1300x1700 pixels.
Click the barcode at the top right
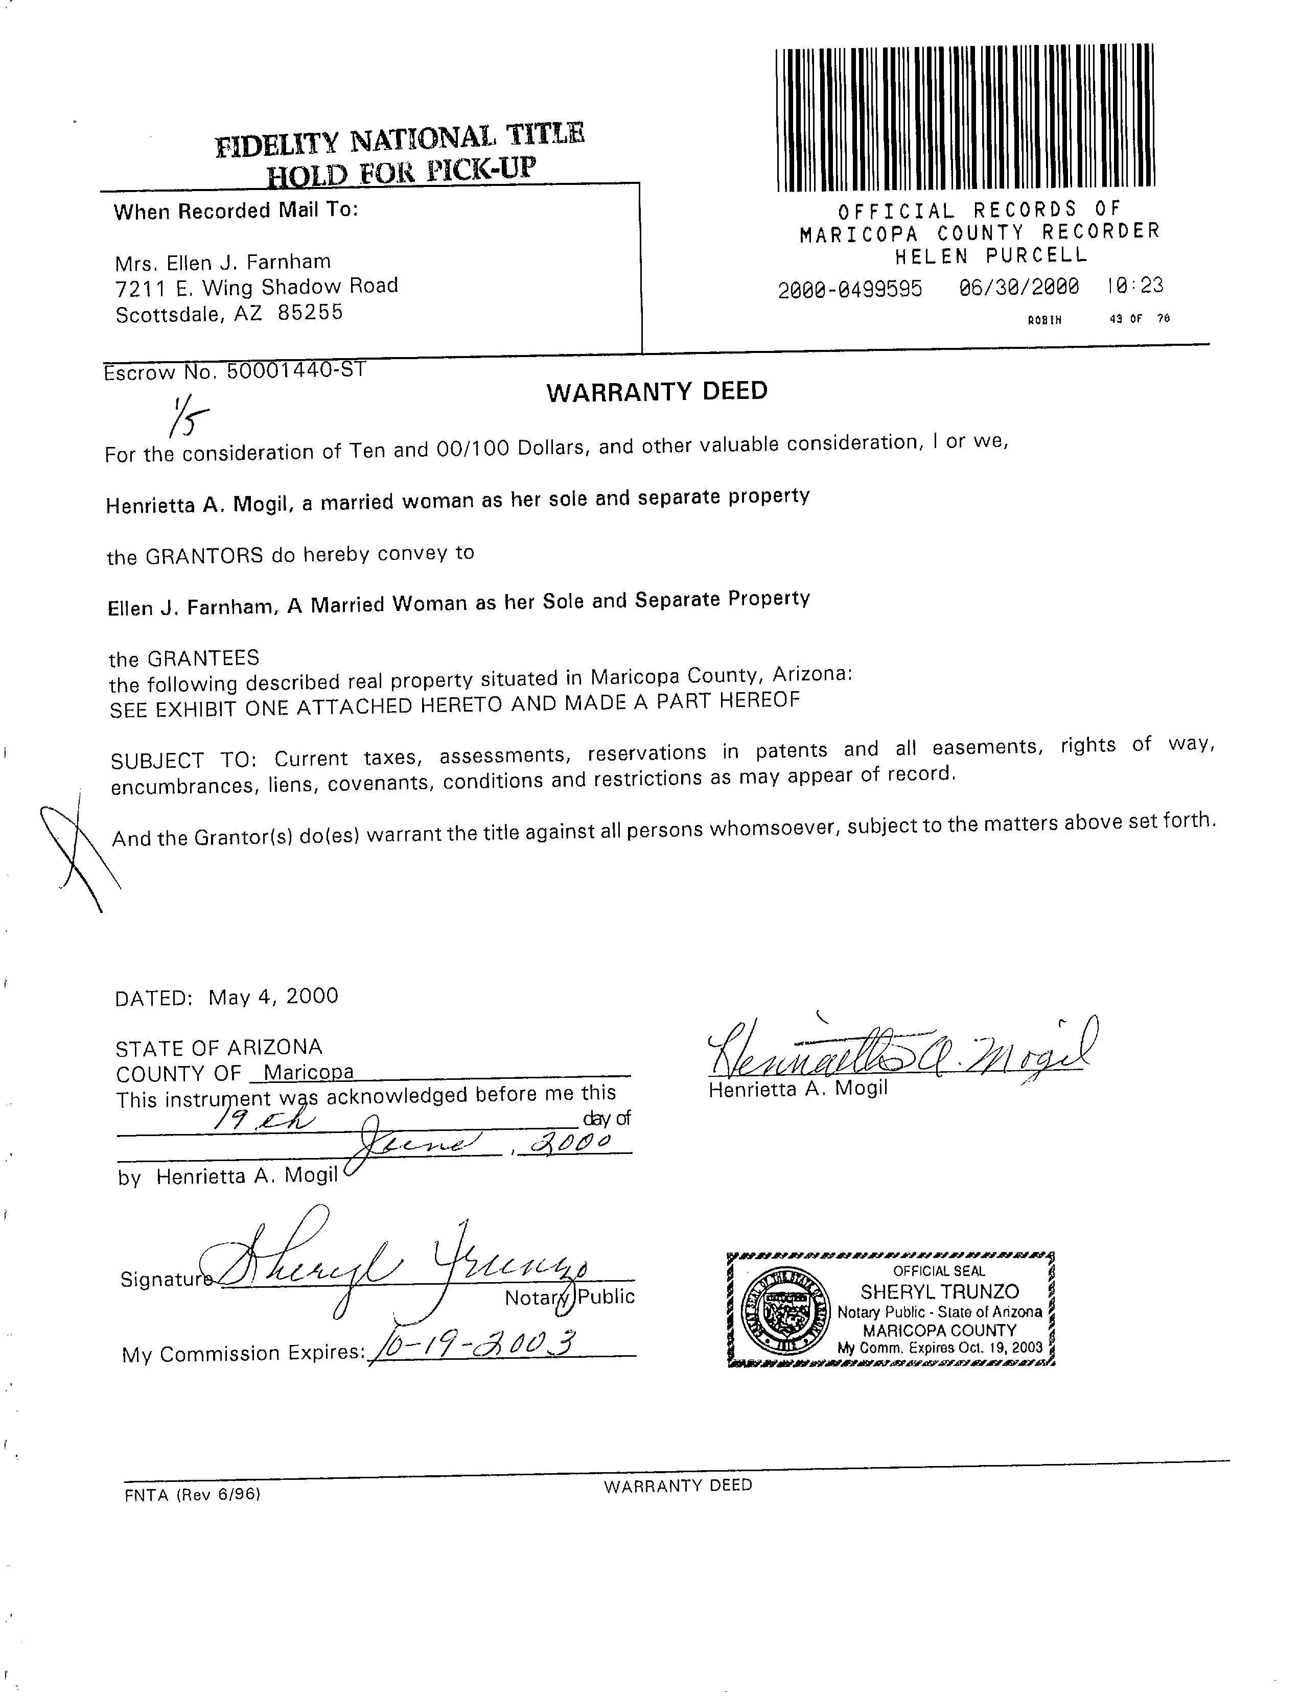pyautogui.click(x=965, y=117)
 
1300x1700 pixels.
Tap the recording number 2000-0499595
pyautogui.click(x=850, y=289)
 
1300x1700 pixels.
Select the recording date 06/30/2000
pyautogui.click(x=1018, y=288)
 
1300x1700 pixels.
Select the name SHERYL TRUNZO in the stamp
pyautogui.click(x=939, y=1291)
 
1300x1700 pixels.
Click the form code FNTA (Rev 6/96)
pyautogui.click(x=192, y=1495)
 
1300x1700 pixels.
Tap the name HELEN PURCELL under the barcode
pyautogui.click(x=991, y=255)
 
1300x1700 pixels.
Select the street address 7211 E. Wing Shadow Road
pyautogui.click(x=256, y=288)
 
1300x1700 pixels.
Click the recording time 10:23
pyautogui.click(x=1134, y=286)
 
